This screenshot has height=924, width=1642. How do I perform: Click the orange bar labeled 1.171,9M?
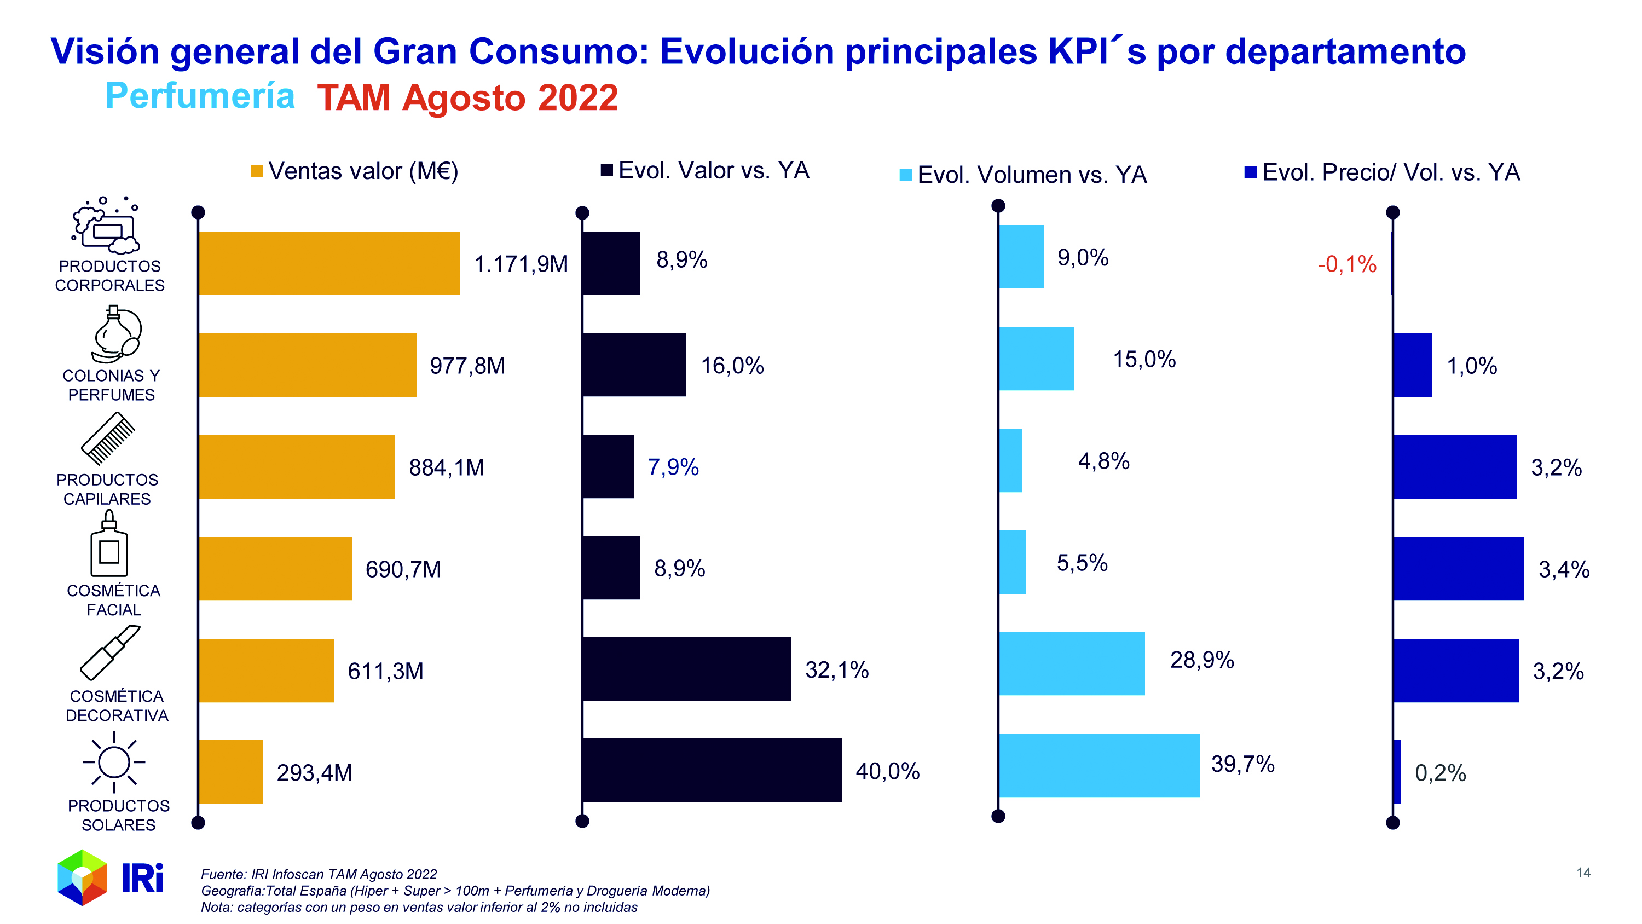click(x=328, y=263)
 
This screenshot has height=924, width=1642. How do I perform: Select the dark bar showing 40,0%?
click(x=712, y=770)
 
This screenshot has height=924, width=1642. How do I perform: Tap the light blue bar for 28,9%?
click(x=1071, y=663)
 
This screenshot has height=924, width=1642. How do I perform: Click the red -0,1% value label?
click(x=1346, y=264)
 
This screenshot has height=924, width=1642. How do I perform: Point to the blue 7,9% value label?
click(x=673, y=467)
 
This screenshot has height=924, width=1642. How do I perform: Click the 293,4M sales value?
click(x=314, y=772)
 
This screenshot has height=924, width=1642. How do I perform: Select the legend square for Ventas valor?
click(x=257, y=171)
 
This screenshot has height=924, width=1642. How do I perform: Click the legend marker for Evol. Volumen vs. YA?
click(x=905, y=175)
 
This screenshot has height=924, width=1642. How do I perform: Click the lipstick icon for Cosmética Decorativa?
click(x=109, y=652)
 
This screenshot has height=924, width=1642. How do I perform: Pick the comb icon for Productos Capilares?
click(x=108, y=438)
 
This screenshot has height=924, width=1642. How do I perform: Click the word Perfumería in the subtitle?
click(x=200, y=96)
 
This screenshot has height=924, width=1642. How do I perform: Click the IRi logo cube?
click(x=82, y=877)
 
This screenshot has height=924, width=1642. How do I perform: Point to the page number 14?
click(x=1583, y=873)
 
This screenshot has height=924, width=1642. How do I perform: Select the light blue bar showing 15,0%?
click(x=1036, y=359)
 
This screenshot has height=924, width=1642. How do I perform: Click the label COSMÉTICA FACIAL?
click(x=113, y=599)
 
